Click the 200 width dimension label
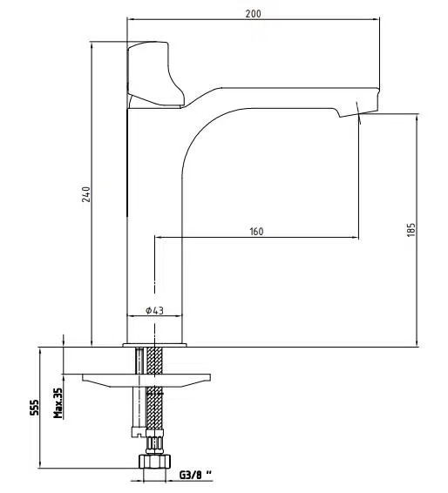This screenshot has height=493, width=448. [254, 14]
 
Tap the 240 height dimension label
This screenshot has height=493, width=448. [86, 194]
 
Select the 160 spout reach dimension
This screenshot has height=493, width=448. [256, 232]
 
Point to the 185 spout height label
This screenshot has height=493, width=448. [411, 230]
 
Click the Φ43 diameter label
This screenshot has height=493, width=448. [154, 310]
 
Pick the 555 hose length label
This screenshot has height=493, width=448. [34, 407]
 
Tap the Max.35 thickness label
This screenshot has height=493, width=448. [58, 402]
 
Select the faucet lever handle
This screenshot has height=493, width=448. [155, 75]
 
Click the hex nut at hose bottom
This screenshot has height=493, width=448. [154, 462]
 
